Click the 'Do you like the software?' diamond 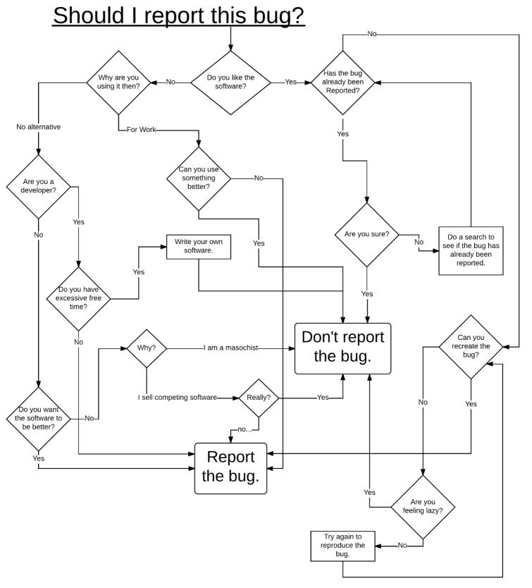pyautogui.click(x=230, y=82)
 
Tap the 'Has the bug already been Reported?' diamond pyautogui.click(x=342, y=82)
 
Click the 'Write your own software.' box pyautogui.click(x=199, y=247)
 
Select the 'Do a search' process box pyautogui.click(x=471, y=250)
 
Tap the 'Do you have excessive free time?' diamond pyautogui.click(x=78, y=298)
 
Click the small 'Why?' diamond pyautogui.click(x=147, y=348)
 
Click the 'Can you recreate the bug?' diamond pyautogui.click(x=471, y=347)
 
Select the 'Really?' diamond pyautogui.click(x=259, y=398)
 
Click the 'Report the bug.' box pyautogui.click(x=230, y=467)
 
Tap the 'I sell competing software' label pyautogui.click(x=177, y=398)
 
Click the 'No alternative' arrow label pyautogui.click(x=38, y=127)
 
